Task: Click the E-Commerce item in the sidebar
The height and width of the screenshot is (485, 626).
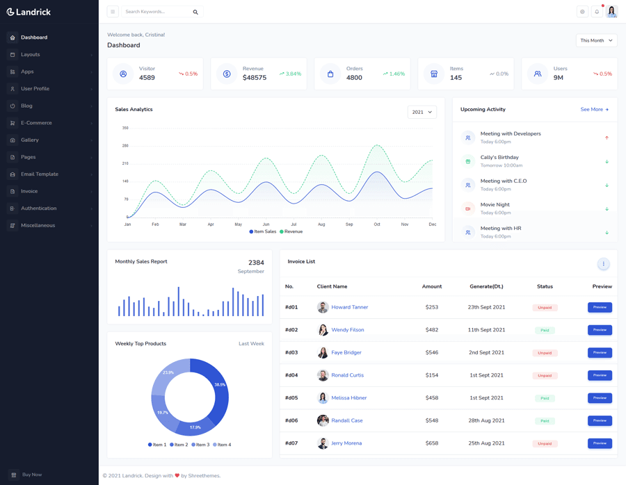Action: coord(36,123)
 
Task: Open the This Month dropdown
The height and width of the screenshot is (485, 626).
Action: coord(596,40)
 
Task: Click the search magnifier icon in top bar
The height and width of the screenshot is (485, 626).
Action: coord(195,12)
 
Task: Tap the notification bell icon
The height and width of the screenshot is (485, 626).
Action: coord(597,12)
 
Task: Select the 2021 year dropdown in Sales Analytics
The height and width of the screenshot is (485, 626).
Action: coord(422,112)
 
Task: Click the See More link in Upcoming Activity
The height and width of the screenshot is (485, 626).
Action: coord(594,110)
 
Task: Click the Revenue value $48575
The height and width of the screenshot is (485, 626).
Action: coord(254,78)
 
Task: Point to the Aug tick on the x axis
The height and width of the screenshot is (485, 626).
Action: coord(321,224)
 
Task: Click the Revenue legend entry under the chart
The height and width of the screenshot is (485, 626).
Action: coord(293,231)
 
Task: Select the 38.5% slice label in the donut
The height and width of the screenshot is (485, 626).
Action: coord(220,384)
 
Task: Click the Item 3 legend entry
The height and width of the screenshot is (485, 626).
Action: coord(202,445)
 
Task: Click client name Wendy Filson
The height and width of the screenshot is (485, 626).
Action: coord(347,330)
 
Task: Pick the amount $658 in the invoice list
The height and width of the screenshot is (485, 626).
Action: coord(431,443)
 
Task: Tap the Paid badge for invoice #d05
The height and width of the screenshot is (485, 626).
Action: coord(545,398)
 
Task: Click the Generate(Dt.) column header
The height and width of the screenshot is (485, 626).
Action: coord(486,286)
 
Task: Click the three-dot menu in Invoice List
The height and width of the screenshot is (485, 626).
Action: coord(603,264)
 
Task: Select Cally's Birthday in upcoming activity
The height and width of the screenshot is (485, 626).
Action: coord(499,158)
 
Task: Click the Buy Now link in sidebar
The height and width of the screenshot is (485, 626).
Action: coord(31,475)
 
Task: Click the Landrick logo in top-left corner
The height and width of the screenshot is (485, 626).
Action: coord(29,12)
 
